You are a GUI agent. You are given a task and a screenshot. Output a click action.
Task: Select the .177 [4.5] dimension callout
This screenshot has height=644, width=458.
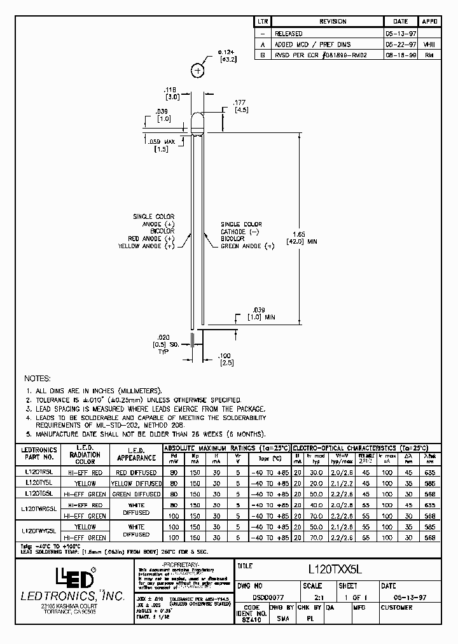coord(240,106)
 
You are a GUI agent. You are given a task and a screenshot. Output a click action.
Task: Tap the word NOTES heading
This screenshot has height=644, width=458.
coord(39,378)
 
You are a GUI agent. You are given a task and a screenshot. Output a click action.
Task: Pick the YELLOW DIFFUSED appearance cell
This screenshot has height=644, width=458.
coord(135,483)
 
